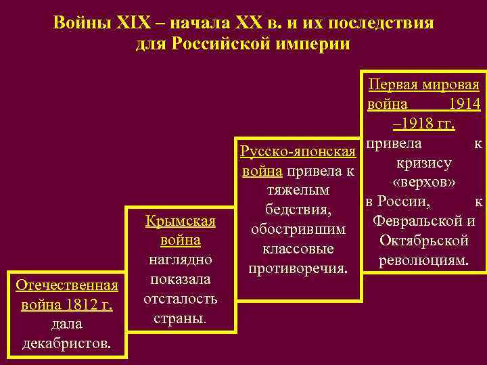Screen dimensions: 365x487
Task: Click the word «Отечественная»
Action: tap(68, 286)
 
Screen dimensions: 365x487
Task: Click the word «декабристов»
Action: tap(68, 345)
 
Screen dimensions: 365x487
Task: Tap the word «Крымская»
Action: tap(181, 221)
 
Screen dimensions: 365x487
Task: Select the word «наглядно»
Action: tap(180, 260)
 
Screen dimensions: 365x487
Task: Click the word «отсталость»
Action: tap(180, 298)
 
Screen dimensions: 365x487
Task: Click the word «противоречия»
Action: tap(297, 269)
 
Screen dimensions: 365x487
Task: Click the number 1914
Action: tap(465, 105)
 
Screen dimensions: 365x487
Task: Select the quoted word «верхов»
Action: tap(423, 182)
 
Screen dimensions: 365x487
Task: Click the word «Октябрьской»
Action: tap(424, 241)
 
